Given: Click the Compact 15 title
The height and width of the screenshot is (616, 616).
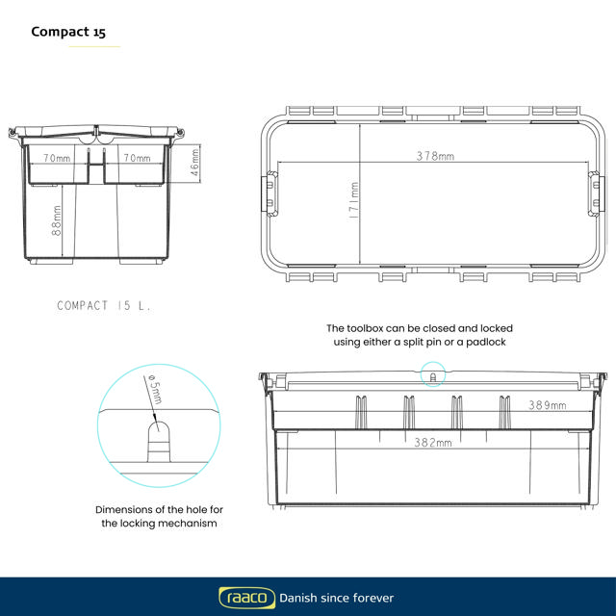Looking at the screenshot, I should [68, 32].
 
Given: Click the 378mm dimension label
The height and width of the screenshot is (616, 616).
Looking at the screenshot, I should [435, 156].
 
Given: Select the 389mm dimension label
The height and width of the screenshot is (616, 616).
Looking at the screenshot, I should [547, 406].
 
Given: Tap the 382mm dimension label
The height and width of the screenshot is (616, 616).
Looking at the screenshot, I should [432, 443].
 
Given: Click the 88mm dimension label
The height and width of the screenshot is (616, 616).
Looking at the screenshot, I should [57, 223].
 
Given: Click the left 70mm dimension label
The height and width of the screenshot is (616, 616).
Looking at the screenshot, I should [57, 157].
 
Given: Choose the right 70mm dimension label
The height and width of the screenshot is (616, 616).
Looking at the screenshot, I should [137, 157].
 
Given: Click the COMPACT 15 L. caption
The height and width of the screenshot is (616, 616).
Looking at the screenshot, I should [104, 305].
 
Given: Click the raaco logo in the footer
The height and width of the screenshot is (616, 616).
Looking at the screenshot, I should [244, 598].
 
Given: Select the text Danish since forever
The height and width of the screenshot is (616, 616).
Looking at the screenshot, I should [336, 598].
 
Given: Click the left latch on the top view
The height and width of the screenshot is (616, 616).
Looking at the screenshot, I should [269, 192].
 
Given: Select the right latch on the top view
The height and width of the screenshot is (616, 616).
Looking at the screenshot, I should [597, 192].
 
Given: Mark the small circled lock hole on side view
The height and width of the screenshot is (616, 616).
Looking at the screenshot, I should [432, 374].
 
